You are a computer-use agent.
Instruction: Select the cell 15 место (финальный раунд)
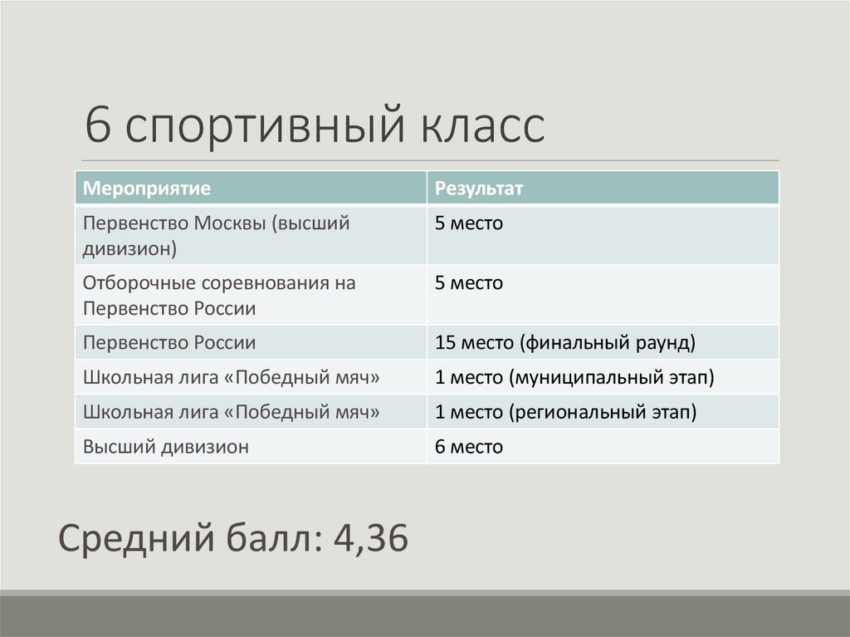(564, 342)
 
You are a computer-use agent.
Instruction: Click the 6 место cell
(469, 447)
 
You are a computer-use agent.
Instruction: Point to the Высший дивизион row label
(166, 447)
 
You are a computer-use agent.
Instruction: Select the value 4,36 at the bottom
(370, 540)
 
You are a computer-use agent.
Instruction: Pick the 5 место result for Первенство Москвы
(469, 223)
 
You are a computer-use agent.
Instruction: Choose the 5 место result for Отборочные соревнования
(469, 283)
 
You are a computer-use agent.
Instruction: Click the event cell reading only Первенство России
(169, 342)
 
